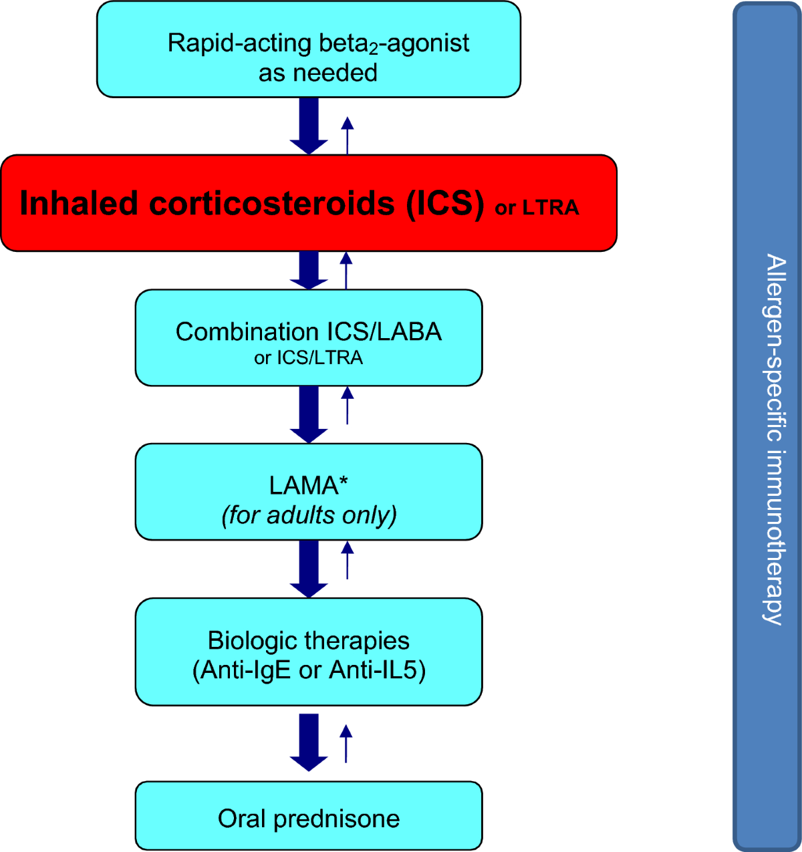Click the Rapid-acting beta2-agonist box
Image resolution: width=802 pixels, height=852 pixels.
pyautogui.click(x=308, y=49)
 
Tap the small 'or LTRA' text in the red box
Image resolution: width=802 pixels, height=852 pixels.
pyautogui.click(x=537, y=208)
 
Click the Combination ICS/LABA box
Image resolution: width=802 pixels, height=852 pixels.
pyautogui.click(x=308, y=337)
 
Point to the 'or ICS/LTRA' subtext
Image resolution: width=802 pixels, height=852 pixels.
pyautogui.click(x=308, y=358)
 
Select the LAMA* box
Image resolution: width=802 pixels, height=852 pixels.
pyautogui.click(x=308, y=492)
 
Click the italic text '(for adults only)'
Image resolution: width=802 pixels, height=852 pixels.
pyautogui.click(x=309, y=515)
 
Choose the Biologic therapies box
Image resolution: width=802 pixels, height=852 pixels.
pyautogui.click(x=308, y=652)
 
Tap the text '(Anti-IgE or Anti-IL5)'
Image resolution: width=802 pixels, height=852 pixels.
pyautogui.click(x=309, y=670)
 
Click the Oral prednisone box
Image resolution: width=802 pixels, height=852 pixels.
pyautogui.click(x=308, y=816)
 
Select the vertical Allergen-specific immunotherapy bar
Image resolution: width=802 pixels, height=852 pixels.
pyautogui.click(x=767, y=426)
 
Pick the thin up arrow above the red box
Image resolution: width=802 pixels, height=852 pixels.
pyautogui.click(x=347, y=135)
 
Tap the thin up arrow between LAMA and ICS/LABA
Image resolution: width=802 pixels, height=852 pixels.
pyautogui.click(x=347, y=405)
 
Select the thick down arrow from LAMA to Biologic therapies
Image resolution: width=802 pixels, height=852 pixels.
pyautogui.click(x=308, y=569)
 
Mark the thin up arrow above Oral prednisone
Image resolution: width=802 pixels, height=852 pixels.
pyautogui.click(x=346, y=743)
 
